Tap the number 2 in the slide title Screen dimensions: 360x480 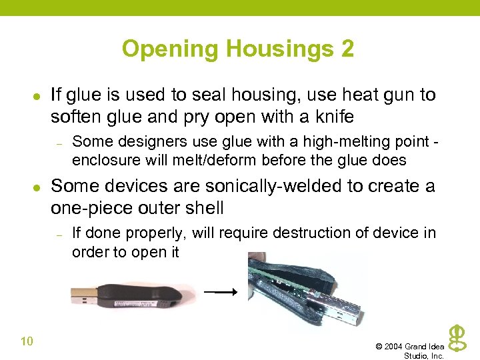tap(347, 49)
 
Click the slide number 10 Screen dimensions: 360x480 tap(27, 341)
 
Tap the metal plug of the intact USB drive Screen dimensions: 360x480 tap(83, 294)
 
